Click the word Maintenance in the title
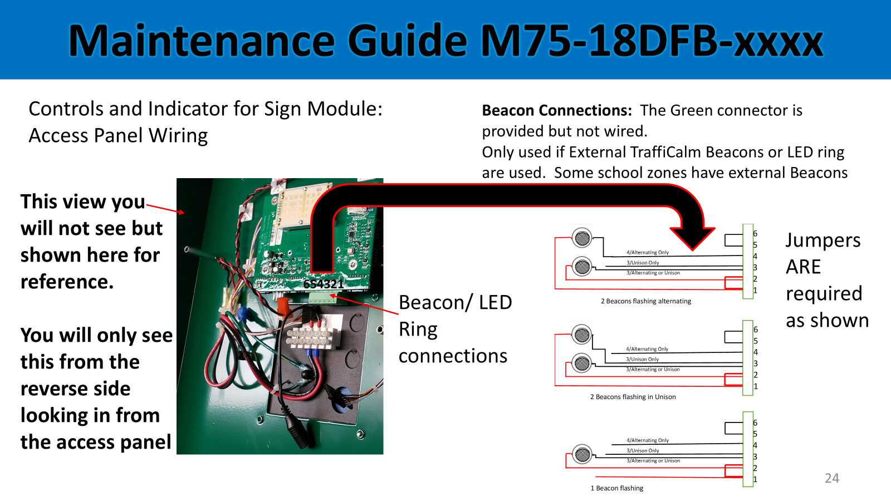202,41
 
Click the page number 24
832,478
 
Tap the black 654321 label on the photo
323,284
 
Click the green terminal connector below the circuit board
322,298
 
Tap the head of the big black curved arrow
693,238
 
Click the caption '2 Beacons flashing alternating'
645,301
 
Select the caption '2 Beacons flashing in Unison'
633,397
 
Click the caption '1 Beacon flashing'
616,488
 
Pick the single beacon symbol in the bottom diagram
582,454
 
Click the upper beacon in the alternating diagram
582,238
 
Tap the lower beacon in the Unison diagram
582,363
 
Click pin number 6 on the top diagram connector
755,233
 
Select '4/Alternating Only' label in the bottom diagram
648,440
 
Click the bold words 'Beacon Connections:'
557,110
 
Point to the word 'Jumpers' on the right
823,240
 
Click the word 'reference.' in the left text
67,282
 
